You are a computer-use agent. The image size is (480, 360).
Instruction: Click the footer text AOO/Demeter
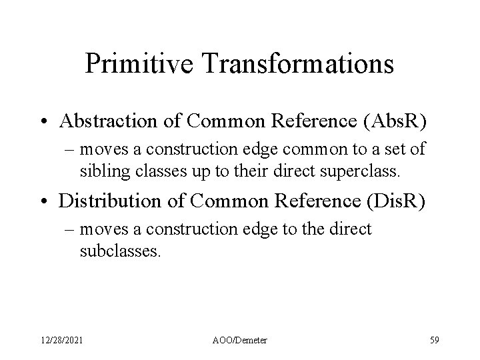pyautogui.click(x=240, y=341)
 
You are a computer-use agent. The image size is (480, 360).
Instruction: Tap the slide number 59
pyautogui.click(x=435, y=341)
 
